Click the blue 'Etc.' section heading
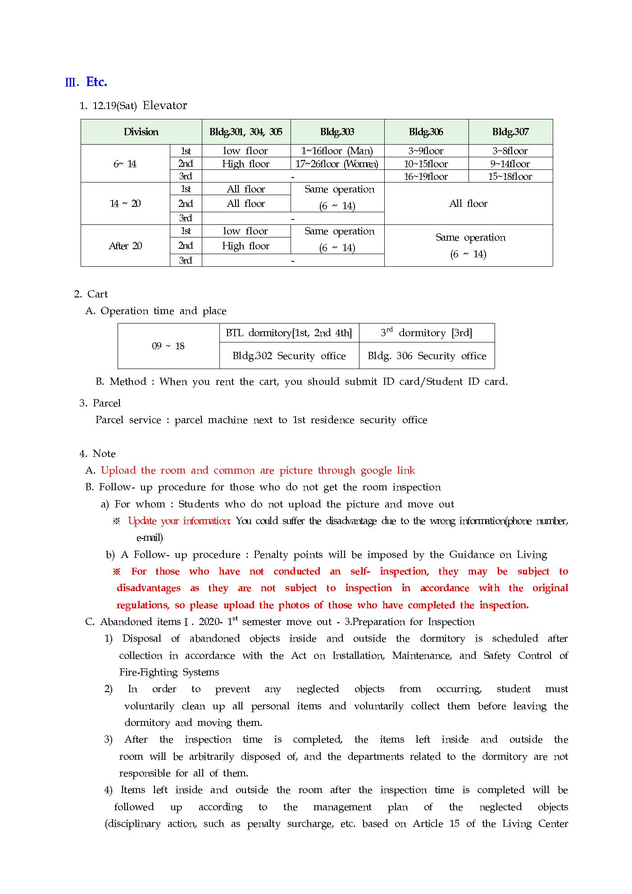click(x=96, y=82)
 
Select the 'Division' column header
click(x=141, y=132)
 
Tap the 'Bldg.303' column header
click(x=337, y=132)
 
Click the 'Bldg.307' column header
click(x=510, y=132)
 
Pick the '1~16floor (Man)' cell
click(x=337, y=151)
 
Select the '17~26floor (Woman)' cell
click(x=337, y=164)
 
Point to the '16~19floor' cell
click(x=426, y=177)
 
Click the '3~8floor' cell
click(x=510, y=151)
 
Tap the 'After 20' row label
click(x=125, y=246)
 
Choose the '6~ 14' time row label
click(x=125, y=164)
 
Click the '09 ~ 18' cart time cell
click(x=168, y=346)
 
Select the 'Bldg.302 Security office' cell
click(x=289, y=356)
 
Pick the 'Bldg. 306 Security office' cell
click(x=427, y=356)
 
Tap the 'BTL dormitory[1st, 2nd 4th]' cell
click(x=289, y=333)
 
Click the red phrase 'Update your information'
click(x=179, y=521)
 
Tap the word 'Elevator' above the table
click(x=164, y=105)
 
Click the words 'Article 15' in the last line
click(x=436, y=824)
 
